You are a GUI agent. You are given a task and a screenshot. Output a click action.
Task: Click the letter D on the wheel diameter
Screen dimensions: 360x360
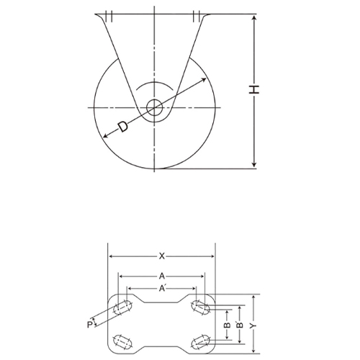(x=122, y=127)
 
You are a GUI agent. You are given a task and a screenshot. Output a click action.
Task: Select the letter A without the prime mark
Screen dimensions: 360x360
(x=163, y=276)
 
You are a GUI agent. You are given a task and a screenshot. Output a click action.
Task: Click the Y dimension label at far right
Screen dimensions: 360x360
(x=253, y=325)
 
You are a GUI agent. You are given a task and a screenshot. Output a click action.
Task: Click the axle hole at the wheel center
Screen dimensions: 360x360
(x=155, y=108)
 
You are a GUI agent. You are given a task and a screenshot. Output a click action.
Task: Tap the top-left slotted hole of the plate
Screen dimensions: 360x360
(x=122, y=309)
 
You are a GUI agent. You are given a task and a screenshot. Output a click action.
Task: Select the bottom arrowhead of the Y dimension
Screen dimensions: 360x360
(x=253, y=351)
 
